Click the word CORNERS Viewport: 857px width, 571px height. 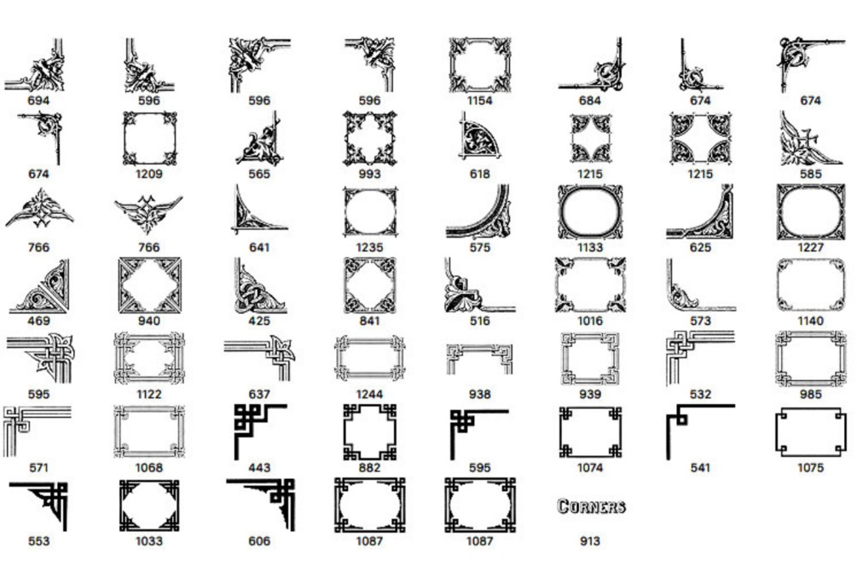click(x=590, y=506)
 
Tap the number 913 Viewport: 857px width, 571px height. click(x=590, y=540)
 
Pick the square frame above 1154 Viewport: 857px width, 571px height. click(x=479, y=64)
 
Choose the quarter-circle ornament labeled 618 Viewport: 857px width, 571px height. click(x=480, y=138)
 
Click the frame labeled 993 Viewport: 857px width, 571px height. click(x=369, y=138)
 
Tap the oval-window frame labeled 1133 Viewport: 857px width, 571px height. click(x=590, y=211)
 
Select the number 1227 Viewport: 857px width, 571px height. click(x=810, y=248)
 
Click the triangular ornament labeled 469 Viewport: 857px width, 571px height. click(x=38, y=285)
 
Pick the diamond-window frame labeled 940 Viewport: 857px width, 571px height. click(x=148, y=285)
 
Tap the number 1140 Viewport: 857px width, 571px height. click(x=810, y=321)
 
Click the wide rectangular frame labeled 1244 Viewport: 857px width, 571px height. click(x=369, y=358)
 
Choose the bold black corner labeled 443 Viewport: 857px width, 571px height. click(x=259, y=431)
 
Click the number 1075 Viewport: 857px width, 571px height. click(x=810, y=467)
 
